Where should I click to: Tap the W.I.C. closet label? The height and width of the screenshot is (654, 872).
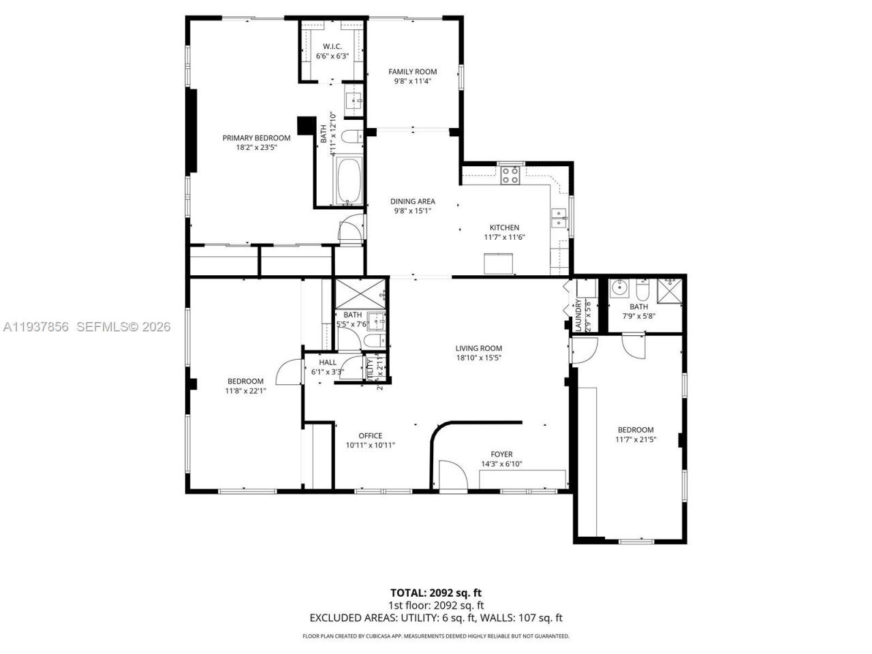pyautogui.click(x=332, y=46)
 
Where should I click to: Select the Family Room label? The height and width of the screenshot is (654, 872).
pyautogui.click(x=412, y=72)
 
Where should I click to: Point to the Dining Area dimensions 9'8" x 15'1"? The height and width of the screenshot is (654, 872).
pyautogui.click(x=412, y=211)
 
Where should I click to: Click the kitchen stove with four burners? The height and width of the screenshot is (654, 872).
pyautogui.click(x=510, y=176)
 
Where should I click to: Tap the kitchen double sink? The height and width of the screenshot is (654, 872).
pyautogui.click(x=559, y=219)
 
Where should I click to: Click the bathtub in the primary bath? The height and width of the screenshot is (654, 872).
pyautogui.click(x=347, y=182)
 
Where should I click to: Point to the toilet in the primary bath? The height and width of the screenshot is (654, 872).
pyautogui.click(x=351, y=138)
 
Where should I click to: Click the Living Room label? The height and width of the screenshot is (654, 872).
pyautogui.click(x=479, y=348)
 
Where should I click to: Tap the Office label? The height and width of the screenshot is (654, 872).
pyautogui.click(x=370, y=436)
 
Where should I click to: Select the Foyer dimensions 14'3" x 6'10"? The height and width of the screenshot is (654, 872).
pyautogui.click(x=501, y=465)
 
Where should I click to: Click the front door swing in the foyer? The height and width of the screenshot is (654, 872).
pyautogui.click(x=451, y=476)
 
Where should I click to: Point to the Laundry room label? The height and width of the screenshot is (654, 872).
pyautogui.click(x=578, y=315)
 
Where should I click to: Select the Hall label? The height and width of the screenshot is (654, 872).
pyautogui.click(x=328, y=362)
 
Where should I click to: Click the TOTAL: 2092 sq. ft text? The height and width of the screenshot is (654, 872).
pyautogui.click(x=436, y=593)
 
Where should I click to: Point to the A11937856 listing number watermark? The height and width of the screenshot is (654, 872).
pyautogui.click(x=36, y=327)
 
